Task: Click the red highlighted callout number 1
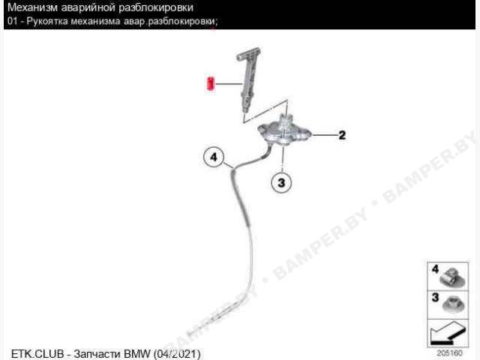point(211,84)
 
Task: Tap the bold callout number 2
point(342,135)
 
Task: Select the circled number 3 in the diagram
point(281,183)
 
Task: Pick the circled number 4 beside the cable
point(214,157)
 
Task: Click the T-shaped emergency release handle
point(248,76)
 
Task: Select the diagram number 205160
point(449,353)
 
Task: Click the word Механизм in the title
point(32,7)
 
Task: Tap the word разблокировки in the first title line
point(156,8)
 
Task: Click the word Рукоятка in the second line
point(47,22)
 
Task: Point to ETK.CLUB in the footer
point(37,354)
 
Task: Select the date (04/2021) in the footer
point(177,354)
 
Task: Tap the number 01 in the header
point(13,22)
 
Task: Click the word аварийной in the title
point(88,7)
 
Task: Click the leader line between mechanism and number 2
point(323,135)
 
